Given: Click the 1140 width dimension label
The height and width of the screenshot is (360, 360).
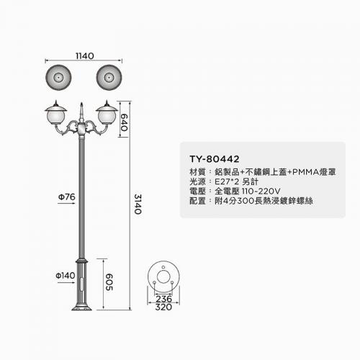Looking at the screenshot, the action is (85, 56).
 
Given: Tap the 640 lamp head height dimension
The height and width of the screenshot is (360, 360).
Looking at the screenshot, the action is (124, 122).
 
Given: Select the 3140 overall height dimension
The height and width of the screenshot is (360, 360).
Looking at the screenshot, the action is (138, 204).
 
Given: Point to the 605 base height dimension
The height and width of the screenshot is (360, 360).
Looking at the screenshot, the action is (109, 282).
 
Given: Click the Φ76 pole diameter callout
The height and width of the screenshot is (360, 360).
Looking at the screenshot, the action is (67, 197).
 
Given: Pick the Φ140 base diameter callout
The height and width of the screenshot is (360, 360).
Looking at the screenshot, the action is (66, 275).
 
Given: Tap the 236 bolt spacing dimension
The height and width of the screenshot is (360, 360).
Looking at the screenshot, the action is (163, 299).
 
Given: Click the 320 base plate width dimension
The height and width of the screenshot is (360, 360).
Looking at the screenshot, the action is (163, 307).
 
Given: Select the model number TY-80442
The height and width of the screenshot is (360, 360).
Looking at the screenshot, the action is (215, 159).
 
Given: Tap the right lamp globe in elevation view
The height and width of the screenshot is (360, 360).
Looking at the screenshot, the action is (107, 117).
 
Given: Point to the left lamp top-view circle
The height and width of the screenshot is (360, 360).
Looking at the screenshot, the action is (58, 78).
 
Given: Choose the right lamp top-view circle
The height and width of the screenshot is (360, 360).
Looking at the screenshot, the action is (109, 78).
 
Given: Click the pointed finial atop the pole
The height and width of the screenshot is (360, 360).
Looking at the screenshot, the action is (81, 109).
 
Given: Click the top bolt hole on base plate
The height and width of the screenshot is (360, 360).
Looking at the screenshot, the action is (163, 267).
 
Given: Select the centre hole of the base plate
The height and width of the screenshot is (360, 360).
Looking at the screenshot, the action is (163, 277).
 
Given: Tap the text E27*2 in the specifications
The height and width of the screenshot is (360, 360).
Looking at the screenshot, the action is (225, 181).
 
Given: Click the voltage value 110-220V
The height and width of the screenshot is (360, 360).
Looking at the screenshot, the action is (261, 192).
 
